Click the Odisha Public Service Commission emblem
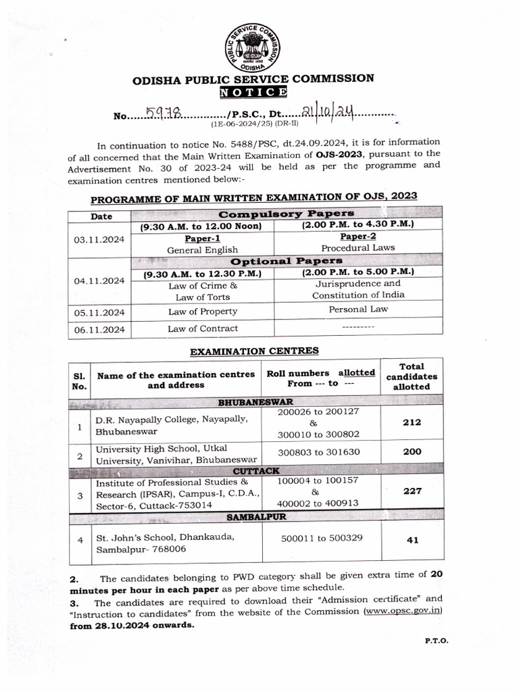(253, 47)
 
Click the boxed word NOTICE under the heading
(253, 93)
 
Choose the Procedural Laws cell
(358, 248)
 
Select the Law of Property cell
(202, 312)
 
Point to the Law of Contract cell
(202, 328)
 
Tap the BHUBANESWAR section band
(255, 402)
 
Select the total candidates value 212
(412, 422)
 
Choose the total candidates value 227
(412, 492)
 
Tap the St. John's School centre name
(166, 537)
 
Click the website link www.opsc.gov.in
(403, 611)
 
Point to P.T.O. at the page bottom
(436, 639)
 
